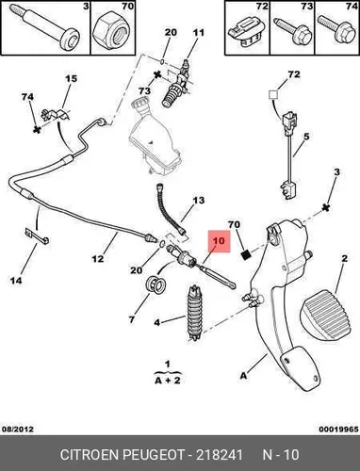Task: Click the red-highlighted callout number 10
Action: tap(219, 241)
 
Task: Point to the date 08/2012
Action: tap(18, 429)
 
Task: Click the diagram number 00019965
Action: tap(338, 429)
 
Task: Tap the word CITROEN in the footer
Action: tap(90, 455)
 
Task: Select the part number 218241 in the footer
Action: tap(220, 455)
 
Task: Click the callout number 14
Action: tap(16, 280)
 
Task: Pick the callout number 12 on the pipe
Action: tap(98, 259)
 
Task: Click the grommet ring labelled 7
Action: tap(155, 284)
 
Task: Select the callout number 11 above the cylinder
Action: tap(198, 32)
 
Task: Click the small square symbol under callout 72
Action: tap(272, 94)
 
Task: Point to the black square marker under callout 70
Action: tap(247, 255)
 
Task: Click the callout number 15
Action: tap(71, 78)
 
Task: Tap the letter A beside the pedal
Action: tap(243, 375)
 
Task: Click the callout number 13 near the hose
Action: tap(198, 200)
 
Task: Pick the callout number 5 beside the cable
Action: tap(306, 137)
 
